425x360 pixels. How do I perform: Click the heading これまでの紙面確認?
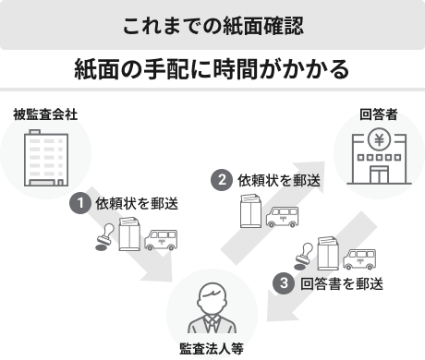(x=212, y=25)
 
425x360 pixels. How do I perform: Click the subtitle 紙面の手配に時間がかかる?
(x=212, y=69)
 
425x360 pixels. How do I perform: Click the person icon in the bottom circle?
(x=212, y=310)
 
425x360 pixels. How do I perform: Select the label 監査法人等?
(x=212, y=350)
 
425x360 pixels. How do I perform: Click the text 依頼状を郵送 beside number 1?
(x=137, y=203)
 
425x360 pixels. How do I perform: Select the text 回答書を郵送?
(x=342, y=283)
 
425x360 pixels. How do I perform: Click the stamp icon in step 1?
(x=104, y=240)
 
